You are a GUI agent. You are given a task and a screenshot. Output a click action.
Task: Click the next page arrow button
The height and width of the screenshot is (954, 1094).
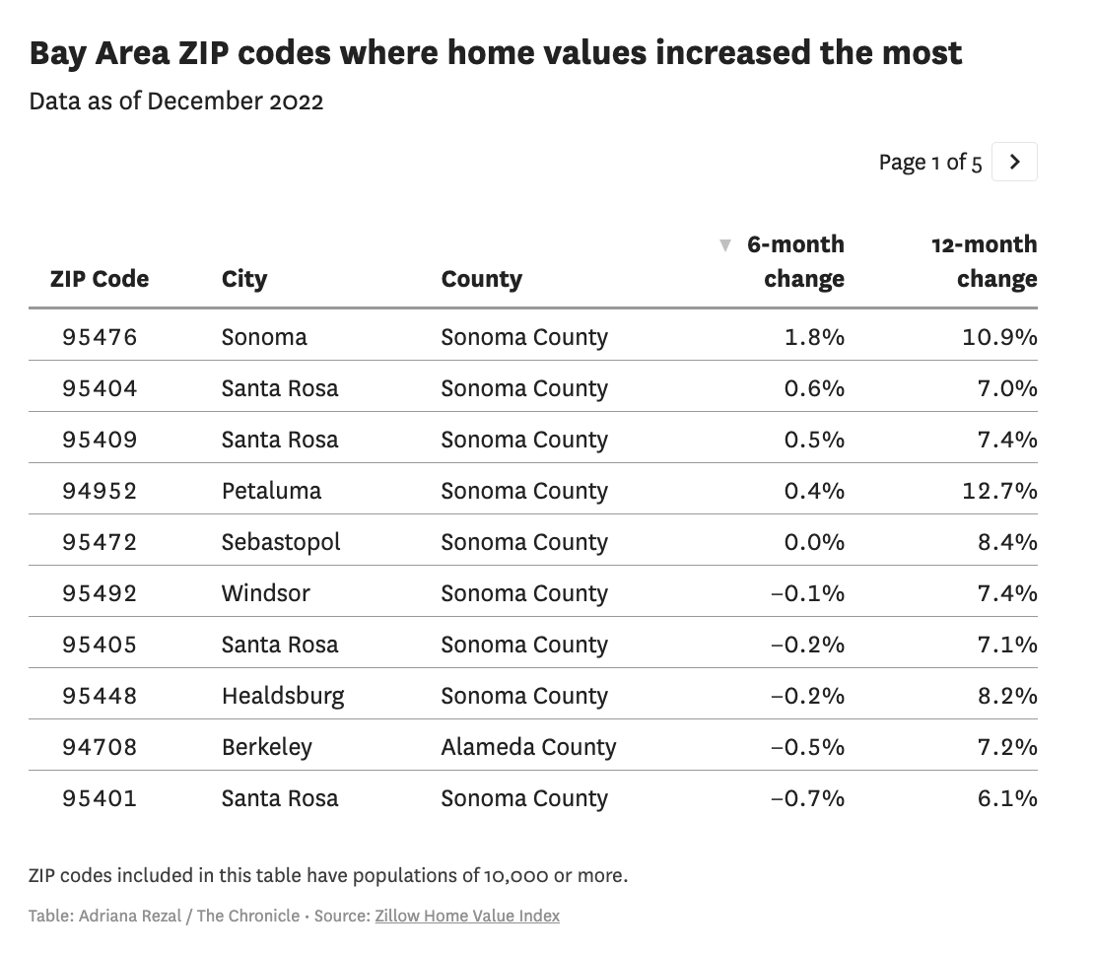point(1014,162)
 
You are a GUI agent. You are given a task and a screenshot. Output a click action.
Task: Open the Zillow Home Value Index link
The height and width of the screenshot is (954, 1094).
point(466,916)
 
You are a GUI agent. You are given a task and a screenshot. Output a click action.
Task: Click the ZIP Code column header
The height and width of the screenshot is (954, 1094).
point(100,279)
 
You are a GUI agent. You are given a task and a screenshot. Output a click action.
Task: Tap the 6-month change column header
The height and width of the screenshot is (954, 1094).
point(794,261)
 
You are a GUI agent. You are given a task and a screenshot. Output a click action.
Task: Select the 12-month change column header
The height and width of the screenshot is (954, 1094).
point(984,261)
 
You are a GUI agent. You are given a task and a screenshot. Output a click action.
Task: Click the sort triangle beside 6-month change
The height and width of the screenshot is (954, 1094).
point(725,245)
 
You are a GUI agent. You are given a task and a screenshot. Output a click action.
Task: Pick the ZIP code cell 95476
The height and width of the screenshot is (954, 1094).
point(100,337)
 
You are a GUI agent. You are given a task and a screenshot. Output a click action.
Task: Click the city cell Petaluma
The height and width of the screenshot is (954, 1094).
point(271,491)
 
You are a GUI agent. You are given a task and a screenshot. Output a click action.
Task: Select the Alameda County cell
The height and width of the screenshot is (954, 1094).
point(528,747)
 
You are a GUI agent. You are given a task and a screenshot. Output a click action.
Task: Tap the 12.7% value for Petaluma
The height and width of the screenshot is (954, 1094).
point(999,491)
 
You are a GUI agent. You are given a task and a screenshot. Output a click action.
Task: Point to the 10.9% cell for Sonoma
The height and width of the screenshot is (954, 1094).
point(999,337)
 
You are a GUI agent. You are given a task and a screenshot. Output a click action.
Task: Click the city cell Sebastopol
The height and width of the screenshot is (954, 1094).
point(281,542)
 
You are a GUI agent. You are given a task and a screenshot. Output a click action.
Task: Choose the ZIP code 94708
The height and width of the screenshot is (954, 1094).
point(100,747)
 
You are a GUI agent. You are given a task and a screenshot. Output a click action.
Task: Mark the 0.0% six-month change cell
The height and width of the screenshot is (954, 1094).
point(814,542)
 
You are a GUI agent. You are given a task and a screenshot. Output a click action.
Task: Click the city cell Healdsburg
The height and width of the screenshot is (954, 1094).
point(283,696)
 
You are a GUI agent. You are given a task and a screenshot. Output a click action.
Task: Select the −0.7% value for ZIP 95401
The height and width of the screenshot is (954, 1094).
point(807,798)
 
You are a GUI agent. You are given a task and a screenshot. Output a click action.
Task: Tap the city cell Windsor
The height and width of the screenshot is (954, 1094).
point(265,593)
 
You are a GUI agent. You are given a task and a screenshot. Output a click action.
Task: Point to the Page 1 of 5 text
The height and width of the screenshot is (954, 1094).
point(929,163)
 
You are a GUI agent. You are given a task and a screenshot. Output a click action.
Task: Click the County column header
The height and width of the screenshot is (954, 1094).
point(481,279)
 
